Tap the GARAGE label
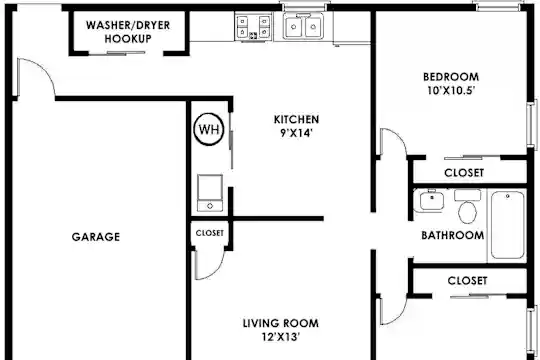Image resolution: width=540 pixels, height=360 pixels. coord(96,237)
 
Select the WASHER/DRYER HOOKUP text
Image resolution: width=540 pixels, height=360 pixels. coord(128,32)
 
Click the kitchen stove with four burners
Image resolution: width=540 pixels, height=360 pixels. coord(254,27)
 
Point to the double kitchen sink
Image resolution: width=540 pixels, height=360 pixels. coord(303,26)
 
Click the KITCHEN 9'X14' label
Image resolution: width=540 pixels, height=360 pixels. coord(296,126)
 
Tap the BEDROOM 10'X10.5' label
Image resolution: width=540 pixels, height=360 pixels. coord(451,83)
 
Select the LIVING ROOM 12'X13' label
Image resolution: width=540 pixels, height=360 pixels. coord(281,330)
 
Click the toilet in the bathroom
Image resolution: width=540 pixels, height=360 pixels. coord(467,206)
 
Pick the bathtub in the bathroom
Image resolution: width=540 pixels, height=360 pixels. coord(508,225)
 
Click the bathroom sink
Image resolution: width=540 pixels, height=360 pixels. coord(429,201)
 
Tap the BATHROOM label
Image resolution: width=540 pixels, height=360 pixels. coord(453,235)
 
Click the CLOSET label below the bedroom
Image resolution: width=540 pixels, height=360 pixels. coord(464,173)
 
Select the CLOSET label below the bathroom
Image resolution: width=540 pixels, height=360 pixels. coord(467,281)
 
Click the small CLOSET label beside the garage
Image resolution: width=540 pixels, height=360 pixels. coord(209,233)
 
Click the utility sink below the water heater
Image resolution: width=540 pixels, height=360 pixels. coord(210,193)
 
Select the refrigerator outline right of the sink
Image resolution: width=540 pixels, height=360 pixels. coord(351,28)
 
